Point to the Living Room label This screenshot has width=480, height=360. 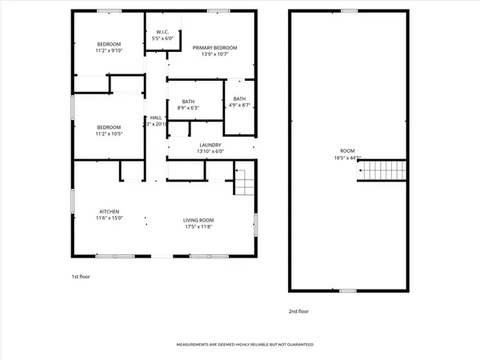pos(199,220)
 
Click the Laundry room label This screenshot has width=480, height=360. pos(210,145)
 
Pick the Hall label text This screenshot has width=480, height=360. pos(155,117)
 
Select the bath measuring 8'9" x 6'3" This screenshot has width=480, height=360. pos(189,102)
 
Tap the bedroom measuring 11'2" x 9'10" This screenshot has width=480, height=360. pos(109,43)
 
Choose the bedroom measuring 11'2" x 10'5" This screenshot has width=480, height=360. pos(109,127)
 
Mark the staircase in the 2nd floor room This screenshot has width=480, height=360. pos(382,170)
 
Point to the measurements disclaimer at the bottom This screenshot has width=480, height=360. pos(245,345)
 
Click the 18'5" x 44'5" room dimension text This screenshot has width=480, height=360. pos(347,158)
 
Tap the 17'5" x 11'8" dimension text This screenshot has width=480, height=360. pos(199,226)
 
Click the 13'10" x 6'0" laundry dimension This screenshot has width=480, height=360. pos(210,151)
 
